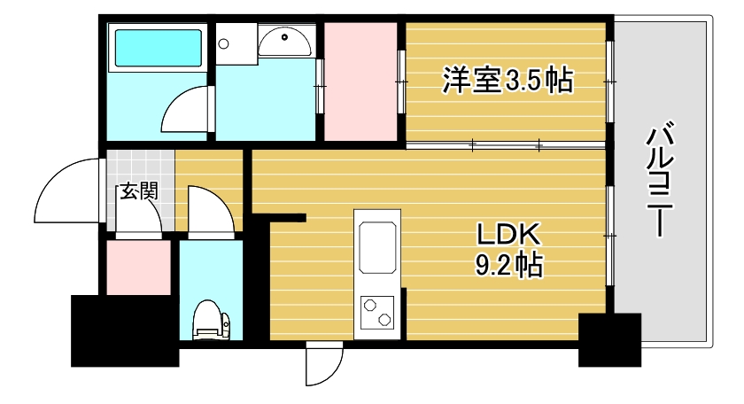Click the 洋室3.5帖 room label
tap(507, 82)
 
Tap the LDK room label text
tap(508, 235)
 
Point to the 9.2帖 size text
tap(508, 263)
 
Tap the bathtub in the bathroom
tap(158, 49)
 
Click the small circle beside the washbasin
tap(225, 42)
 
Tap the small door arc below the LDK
tap(322, 365)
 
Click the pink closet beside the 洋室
tap(360, 82)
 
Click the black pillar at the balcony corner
tap(609, 340)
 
